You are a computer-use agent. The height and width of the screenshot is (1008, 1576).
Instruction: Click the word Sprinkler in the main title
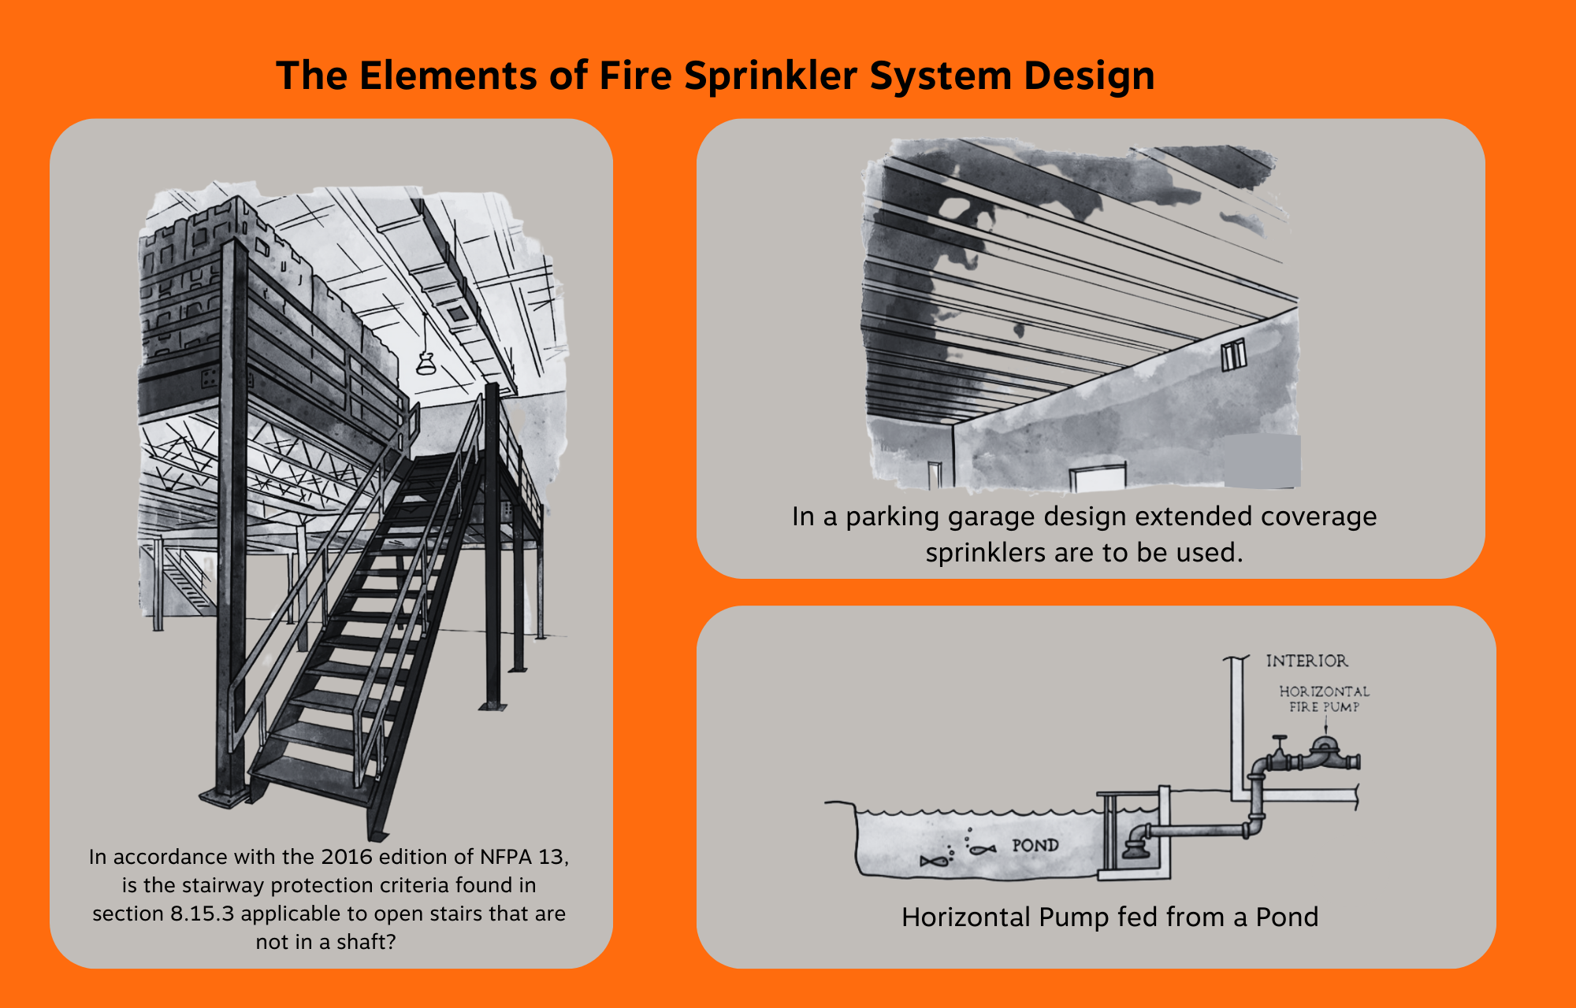pos(770,76)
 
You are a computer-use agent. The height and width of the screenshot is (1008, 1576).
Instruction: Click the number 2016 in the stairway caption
pos(347,857)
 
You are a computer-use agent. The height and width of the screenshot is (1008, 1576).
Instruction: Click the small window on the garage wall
pos(1233,355)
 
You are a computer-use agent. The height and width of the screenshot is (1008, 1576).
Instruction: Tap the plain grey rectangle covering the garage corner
pos(1262,461)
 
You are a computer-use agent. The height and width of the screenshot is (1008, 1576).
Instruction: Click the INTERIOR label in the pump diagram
pos(1307,661)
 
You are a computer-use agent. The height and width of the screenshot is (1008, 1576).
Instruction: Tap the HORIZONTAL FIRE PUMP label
pos(1324,699)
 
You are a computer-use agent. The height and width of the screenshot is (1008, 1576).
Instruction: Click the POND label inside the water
pos(1035,845)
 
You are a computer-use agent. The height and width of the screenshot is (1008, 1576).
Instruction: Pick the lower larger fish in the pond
pos(932,862)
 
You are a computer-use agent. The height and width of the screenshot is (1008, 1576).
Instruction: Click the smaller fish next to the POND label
pos(982,849)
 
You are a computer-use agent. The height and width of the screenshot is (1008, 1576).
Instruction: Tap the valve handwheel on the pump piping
pos(1279,739)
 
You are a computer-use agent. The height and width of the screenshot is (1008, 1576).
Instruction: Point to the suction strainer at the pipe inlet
pos(1136,849)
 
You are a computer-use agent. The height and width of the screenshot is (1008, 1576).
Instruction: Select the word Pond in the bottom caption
pos(1286,917)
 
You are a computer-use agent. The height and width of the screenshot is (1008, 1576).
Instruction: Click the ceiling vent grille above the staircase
pos(458,313)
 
